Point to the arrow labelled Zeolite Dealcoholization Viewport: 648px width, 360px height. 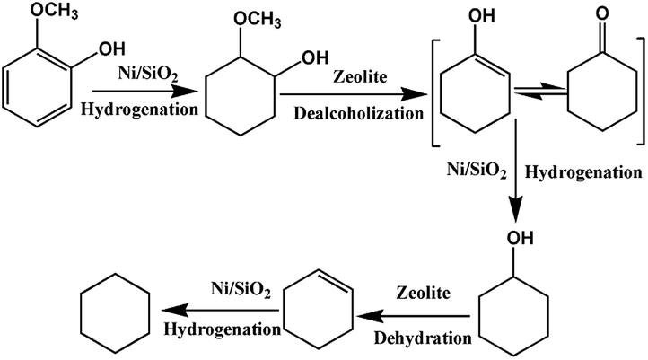coord(350,92)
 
